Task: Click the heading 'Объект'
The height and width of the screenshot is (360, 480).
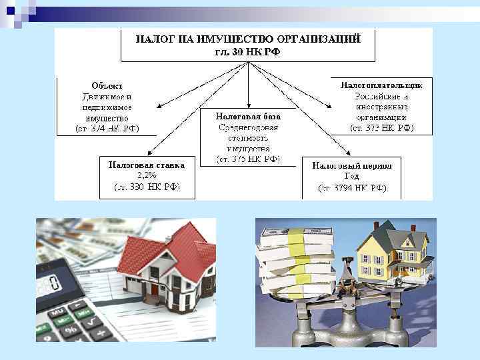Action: (107, 85)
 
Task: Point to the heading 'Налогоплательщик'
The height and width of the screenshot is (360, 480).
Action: (381, 85)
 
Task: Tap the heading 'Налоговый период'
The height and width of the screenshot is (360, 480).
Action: (352, 165)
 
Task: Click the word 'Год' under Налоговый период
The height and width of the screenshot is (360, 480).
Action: (352, 177)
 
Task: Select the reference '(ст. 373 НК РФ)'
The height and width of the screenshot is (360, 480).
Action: (381, 127)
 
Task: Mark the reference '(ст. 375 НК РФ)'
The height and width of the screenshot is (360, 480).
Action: (249, 159)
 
